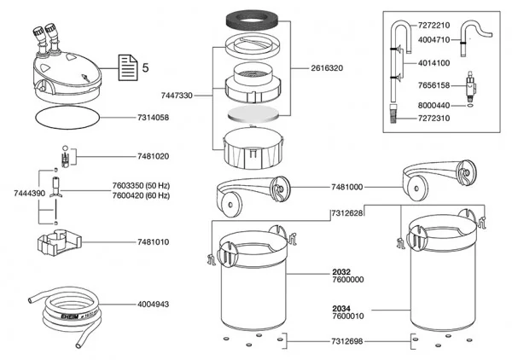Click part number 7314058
[153, 117]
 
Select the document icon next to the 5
[125, 66]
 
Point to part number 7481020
[153, 157]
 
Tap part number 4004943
[153, 303]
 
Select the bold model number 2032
[340, 271]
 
